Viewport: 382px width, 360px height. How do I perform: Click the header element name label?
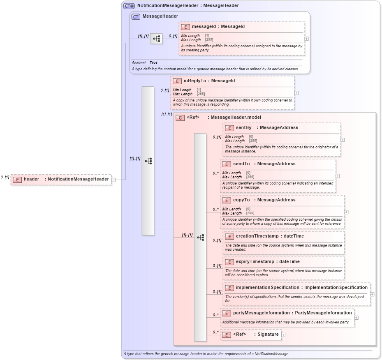[x=32, y=179]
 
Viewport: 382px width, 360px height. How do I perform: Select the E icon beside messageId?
[x=185, y=27]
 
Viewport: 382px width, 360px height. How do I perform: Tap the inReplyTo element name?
[x=194, y=81]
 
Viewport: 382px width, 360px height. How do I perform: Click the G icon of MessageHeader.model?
[x=180, y=118]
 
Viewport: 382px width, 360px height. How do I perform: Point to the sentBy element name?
[x=243, y=128]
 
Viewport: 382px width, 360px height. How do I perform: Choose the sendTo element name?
[x=241, y=164]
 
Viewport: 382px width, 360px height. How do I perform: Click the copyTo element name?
[x=241, y=200]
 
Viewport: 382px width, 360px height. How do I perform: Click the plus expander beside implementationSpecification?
[x=372, y=294]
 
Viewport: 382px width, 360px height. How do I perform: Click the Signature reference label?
[x=268, y=335]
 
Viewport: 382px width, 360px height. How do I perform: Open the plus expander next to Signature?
[x=283, y=335]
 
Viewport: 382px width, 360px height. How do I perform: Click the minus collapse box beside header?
[x=113, y=180]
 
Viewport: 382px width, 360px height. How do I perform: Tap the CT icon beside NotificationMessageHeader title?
[x=129, y=6]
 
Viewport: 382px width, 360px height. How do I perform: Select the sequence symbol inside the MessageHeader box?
[x=156, y=39]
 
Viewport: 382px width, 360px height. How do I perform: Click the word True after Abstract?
[x=153, y=62]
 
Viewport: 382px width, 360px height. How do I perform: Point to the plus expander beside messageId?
[x=306, y=39]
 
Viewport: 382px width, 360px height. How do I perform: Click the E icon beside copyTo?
[x=226, y=200]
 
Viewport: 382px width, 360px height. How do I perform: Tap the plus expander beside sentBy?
[x=343, y=140]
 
